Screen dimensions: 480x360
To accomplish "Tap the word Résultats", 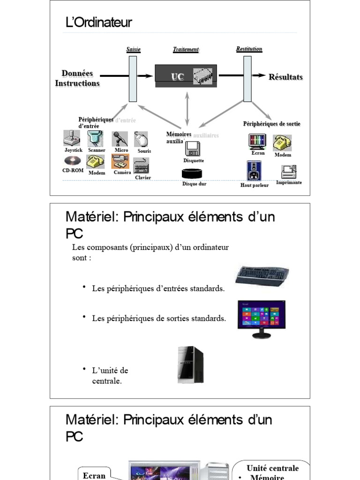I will (x=285, y=77).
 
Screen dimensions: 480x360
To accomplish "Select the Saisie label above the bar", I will (x=133, y=49).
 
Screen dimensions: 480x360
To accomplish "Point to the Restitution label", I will (x=249, y=49).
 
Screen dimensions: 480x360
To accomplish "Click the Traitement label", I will (x=186, y=49).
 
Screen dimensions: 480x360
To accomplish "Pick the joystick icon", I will (x=71, y=138).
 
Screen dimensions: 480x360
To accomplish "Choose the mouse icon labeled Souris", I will (x=141, y=139).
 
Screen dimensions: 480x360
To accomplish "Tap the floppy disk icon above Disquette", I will (x=193, y=149).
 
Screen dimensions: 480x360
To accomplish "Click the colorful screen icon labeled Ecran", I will (x=257, y=142).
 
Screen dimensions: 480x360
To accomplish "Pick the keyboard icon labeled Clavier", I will (x=141, y=166).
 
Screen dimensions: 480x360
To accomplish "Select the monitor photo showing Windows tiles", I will (x=262, y=318).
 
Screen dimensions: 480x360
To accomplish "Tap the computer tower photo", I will (x=190, y=364).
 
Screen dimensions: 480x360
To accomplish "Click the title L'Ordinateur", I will (x=99, y=22).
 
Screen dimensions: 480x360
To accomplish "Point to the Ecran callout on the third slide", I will (x=94, y=474).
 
